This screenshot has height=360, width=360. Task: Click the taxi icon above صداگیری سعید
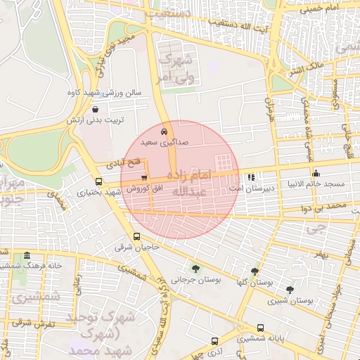165,131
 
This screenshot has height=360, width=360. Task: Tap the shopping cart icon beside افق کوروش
144,177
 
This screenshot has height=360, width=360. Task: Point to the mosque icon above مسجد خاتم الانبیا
316,174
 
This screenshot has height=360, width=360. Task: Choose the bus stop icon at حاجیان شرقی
136,237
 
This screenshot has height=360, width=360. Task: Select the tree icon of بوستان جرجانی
195,268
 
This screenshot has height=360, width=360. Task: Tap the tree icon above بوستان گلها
255,271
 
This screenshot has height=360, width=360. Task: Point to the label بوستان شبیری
290,300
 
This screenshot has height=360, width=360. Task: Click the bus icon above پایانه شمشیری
261,328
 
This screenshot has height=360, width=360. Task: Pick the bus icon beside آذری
214,341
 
